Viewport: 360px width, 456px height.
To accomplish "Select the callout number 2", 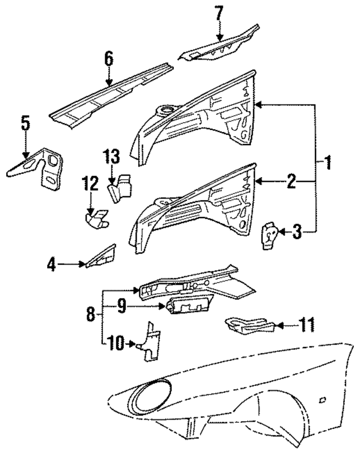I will (x=291, y=181).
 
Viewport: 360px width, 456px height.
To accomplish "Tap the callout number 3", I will (x=298, y=231).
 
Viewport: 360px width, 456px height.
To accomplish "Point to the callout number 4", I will (x=52, y=263).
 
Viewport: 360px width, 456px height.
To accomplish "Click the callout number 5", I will (x=25, y=124).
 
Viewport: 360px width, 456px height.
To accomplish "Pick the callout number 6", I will (x=109, y=58).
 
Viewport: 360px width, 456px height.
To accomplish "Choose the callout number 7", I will (x=219, y=13).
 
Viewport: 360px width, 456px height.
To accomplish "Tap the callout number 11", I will (x=306, y=325).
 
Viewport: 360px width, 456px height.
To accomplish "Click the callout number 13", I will (x=111, y=156).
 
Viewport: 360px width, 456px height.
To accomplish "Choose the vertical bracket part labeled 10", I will (x=151, y=341).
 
